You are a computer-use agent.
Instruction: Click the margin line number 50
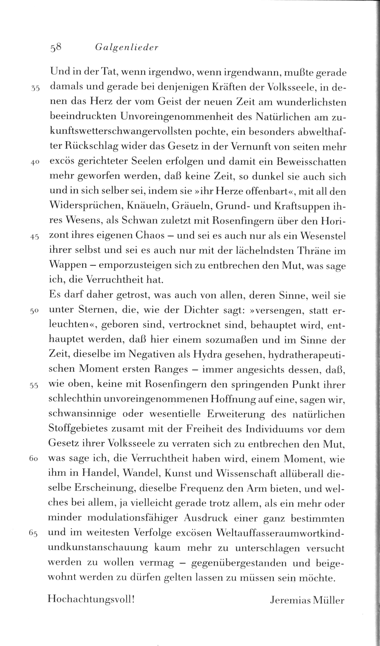35,312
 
